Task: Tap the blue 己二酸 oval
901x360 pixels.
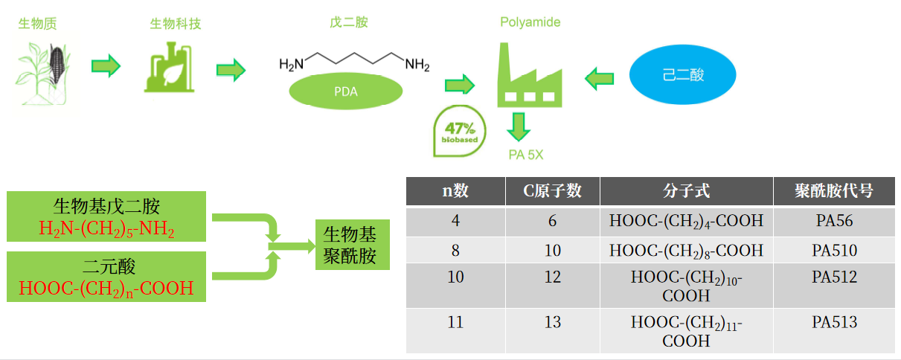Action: [x=682, y=75]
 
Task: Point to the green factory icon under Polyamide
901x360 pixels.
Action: [x=529, y=74]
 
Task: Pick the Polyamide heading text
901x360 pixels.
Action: [x=530, y=23]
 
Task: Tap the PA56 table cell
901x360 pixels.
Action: [x=834, y=222]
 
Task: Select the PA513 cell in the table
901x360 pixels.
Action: [x=834, y=323]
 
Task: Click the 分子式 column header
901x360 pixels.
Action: [x=686, y=191]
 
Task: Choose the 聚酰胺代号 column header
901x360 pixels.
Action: [x=834, y=191]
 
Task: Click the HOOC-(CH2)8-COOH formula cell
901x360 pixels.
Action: [x=686, y=250]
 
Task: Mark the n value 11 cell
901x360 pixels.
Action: [x=455, y=323]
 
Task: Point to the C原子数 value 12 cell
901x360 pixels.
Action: [x=552, y=277]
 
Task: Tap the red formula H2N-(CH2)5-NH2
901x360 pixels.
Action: [x=106, y=228]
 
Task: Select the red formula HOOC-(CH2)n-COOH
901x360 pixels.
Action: [x=106, y=288]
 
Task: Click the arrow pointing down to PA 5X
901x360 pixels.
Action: [x=519, y=126]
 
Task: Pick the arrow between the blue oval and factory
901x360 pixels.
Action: [x=599, y=77]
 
